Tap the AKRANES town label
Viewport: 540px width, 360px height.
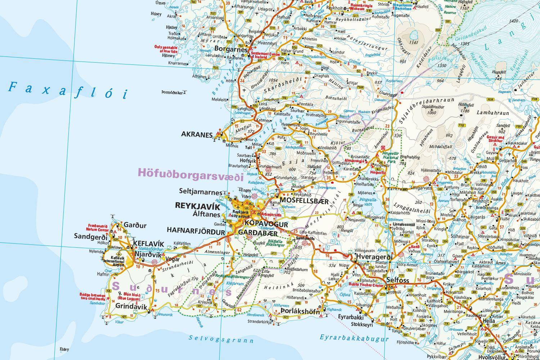coord(197,134)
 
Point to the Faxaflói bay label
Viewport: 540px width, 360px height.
coord(68,90)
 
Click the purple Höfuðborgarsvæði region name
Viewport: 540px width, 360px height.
coord(190,177)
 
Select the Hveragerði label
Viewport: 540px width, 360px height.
coord(371,256)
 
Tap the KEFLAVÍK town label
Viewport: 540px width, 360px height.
coord(148,244)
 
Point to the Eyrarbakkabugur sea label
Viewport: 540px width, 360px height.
coord(354,338)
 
